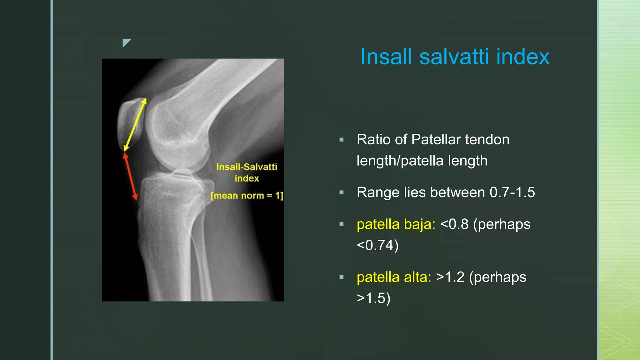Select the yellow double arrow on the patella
click(x=135, y=125)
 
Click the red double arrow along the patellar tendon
click(x=130, y=176)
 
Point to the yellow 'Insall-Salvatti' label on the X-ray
click(x=247, y=167)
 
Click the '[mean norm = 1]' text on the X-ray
click(x=247, y=196)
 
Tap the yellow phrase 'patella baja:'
click(x=396, y=224)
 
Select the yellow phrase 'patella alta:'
click(x=394, y=277)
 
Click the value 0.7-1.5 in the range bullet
click(x=512, y=192)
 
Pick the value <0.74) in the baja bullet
click(x=377, y=245)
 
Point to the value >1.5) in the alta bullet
click(x=373, y=298)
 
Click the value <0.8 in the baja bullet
click(x=454, y=224)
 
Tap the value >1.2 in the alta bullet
click(x=450, y=277)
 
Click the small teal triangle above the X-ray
click(x=126, y=43)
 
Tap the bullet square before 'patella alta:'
click(x=342, y=277)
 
